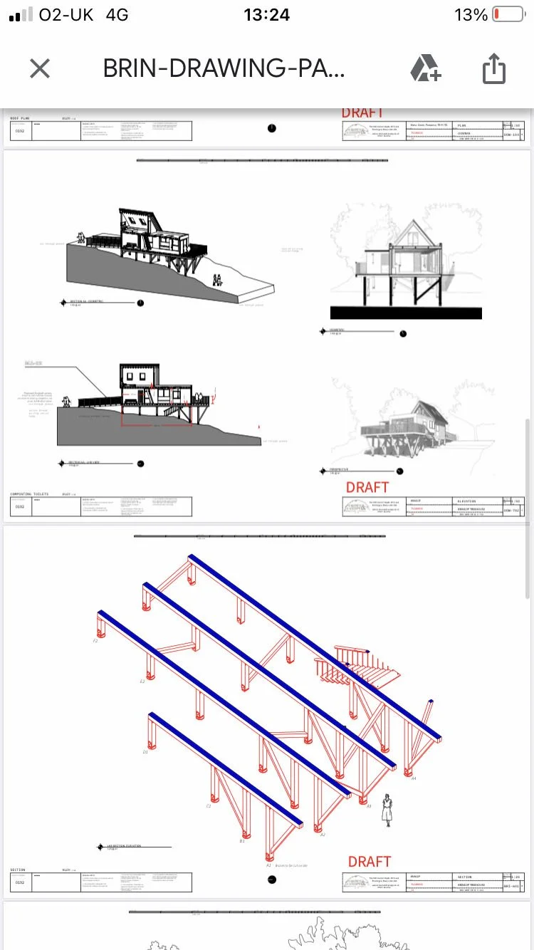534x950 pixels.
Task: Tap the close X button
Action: (x=40, y=69)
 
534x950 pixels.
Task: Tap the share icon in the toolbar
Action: (x=493, y=69)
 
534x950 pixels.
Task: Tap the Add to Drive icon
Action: (x=425, y=69)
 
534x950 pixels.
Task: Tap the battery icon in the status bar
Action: (x=508, y=15)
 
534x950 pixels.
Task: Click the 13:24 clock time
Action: (x=266, y=15)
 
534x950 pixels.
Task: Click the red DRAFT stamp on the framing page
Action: (x=369, y=862)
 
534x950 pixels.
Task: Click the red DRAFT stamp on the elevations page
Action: (x=367, y=487)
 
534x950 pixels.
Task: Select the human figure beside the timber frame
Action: (x=387, y=809)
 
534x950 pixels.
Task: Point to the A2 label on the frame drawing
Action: (x=323, y=835)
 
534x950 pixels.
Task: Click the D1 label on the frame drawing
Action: (x=145, y=751)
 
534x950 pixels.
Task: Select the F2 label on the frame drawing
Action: (x=95, y=641)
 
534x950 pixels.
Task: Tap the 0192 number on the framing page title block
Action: (x=20, y=882)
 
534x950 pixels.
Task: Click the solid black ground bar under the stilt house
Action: (x=406, y=313)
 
